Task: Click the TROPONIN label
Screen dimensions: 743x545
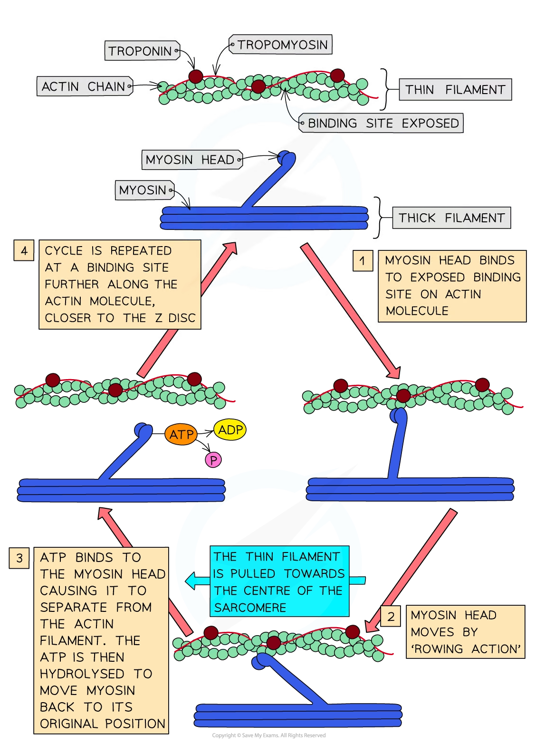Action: click(x=140, y=51)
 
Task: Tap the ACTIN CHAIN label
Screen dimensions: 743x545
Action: click(x=84, y=86)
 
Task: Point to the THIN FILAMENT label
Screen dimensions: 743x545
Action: click(x=455, y=90)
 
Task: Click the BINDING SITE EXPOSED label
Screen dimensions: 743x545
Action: click(x=382, y=124)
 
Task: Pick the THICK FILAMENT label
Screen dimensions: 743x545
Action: click(x=451, y=218)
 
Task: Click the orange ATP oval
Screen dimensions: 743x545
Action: click(x=181, y=435)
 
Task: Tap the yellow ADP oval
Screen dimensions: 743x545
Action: click(x=230, y=430)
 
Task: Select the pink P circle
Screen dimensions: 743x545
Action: click(x=213, y=460)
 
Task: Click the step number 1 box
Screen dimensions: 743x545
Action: click(x=363, y=261)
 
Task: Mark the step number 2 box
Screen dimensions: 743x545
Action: click(x=391, y=617)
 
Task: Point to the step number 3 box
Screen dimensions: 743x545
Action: click(x=19, y=558)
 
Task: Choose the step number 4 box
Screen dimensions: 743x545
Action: click(x=24, y=250)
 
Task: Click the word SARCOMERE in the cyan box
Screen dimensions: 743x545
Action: click(x=250, y=608)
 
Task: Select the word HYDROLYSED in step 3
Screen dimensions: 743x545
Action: click(x=82, y=674)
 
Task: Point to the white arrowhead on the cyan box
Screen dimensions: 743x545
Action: click(x=191, y=581)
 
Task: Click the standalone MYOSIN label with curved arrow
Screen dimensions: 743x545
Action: click(x=142, y=191)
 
